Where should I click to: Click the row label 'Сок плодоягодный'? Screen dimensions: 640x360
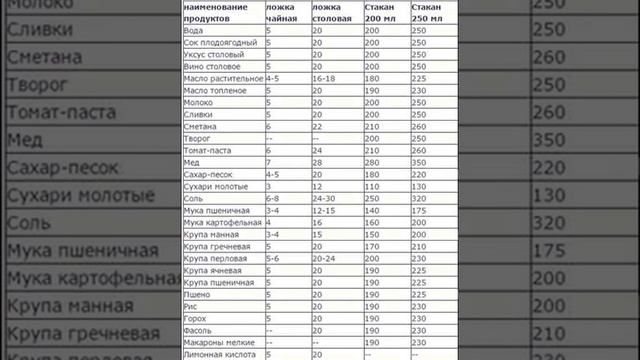(x=222, y=42)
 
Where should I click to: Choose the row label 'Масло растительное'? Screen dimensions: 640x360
(x=223, y=78)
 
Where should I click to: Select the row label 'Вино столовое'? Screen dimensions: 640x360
(x=213, y=66)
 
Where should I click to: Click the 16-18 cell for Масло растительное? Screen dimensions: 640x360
(x=323, y=78)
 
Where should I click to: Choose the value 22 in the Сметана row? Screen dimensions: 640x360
(x=317, y=126)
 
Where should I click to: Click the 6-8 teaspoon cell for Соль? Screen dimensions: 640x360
(x=272, y=198)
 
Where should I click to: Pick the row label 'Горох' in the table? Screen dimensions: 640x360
(x=197, y=318)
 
